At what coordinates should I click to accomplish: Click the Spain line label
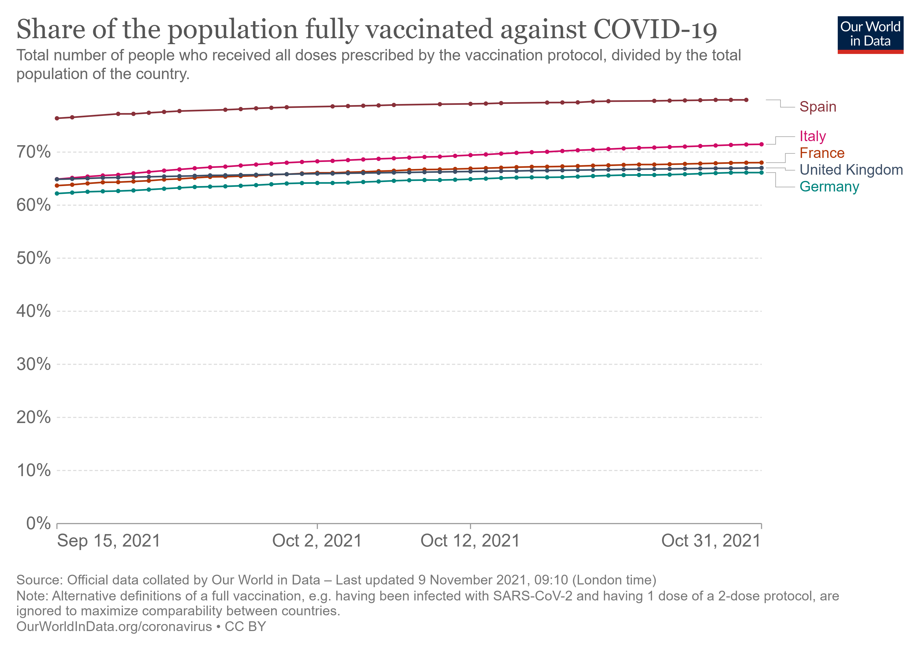[x=817, y=107]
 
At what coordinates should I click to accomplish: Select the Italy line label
[x=812, y=136]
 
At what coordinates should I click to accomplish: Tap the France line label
[x=822, y=153]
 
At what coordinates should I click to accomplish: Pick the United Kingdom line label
[x=851, y=170]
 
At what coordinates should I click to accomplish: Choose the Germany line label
[x=829, y=187]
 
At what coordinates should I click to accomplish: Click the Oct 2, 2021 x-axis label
[x=317, y=541]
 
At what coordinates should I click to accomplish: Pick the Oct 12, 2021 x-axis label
[x=470, y=541]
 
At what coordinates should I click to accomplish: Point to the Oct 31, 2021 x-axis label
[x=711, y=541]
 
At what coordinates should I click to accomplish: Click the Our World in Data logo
[x=870, y=34]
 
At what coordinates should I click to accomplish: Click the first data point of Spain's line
[x=57, y=118]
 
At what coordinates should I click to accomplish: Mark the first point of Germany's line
[x=57, y=194]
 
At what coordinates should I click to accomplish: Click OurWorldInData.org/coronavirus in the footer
[x=114, y=627]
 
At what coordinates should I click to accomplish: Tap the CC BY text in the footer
[x=245, y=627]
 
